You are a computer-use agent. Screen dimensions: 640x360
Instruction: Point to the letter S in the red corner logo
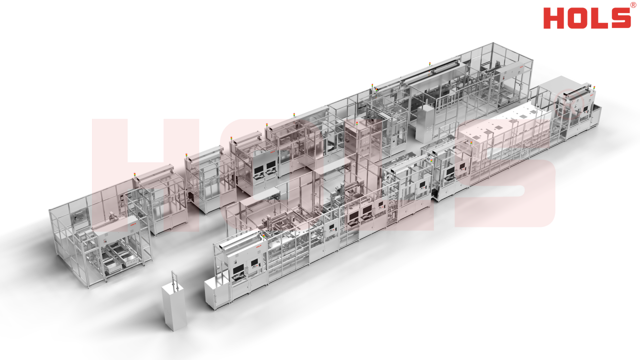tap(620, 18)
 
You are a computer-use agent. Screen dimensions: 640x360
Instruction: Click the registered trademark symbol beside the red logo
tap(633, 5)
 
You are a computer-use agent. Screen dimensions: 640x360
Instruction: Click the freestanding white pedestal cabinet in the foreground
tap(174, 307)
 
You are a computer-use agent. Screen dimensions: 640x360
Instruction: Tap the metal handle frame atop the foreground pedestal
tap(173, 280)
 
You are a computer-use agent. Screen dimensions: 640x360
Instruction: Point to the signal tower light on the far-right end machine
tap(594, 88)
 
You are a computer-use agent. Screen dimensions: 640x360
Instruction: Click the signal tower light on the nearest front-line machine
tap(263, 237)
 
